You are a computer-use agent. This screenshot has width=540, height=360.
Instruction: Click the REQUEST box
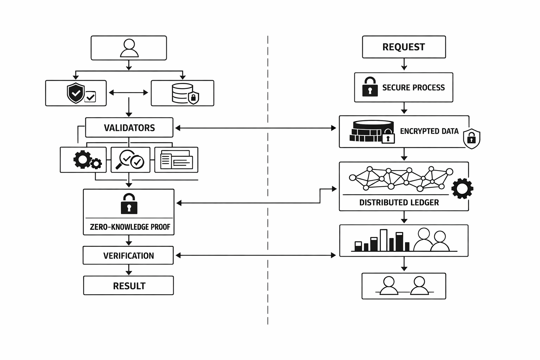(x=404, y=47)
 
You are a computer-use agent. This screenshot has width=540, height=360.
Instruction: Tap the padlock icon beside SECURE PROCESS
(x=370, y=87)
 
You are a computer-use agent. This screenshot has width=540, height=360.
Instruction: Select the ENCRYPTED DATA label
(x=429, y=131)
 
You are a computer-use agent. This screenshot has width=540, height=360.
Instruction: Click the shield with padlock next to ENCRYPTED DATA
(x=471, y=139)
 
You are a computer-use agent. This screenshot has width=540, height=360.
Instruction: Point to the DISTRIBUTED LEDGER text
(x=399, y=202)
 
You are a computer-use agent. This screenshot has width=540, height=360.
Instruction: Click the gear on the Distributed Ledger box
(x=462, y=189)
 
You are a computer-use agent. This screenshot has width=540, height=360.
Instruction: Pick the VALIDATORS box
(x=129, y=128)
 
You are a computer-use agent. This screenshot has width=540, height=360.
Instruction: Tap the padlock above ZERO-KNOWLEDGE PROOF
(x=129, y=204)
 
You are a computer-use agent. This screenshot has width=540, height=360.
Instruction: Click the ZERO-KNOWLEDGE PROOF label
(x=130, y=227)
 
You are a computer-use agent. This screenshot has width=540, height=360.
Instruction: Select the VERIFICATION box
(x=128, y=256)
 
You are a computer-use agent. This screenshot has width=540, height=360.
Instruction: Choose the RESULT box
(x=129, y=285)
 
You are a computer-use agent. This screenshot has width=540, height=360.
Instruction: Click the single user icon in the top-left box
(x=129, y=48)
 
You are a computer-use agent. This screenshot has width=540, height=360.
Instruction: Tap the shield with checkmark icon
(x=76, y=93)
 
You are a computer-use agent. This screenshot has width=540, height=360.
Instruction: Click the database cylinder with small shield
(x=183, y=93)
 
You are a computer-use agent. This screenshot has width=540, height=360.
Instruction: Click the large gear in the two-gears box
(x=82, y=159)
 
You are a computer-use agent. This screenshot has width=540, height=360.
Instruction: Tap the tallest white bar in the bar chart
(x=384, y=240)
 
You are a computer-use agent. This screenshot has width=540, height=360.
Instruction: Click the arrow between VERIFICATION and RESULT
(x=129, y=270)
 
